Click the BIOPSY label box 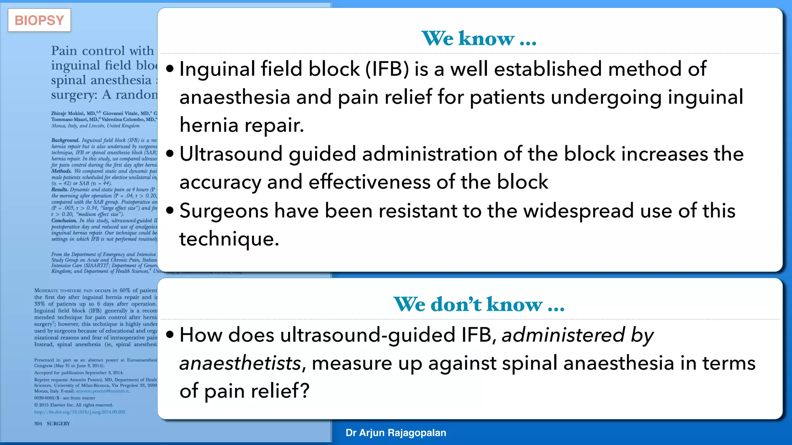pos(39,20)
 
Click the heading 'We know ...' pos(479,39)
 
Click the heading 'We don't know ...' pos(479,304)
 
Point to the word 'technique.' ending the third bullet pos(229,239)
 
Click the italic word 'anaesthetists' pos(240,363)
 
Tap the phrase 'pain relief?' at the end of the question pos(257,391)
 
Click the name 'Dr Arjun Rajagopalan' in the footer pos(396,433)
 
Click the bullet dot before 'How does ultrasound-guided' pos(170,335)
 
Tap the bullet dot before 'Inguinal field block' pos(170,69)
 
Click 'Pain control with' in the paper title pos(102,51)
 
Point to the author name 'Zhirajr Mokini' pos(68,114)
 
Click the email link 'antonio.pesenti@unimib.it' pos(102,391)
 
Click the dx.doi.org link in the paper pos(80,412)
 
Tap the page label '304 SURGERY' pos(52,424)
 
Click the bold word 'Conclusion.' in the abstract pos(64,221)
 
